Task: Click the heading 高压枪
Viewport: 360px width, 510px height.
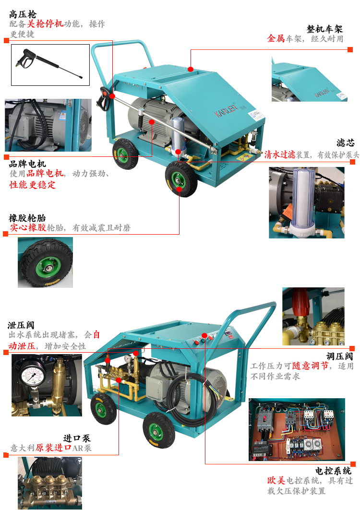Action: [x=23, y=14]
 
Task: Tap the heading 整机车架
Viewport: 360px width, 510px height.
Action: [x=324, y=29]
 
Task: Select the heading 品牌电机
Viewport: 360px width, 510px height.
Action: [x=27, y=164]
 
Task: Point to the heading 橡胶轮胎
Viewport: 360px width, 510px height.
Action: [x=27, y=218]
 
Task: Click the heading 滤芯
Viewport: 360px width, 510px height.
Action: [x=345, y=143]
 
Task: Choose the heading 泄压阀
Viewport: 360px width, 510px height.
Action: [x=21, y=325]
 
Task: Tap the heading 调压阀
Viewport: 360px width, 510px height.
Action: [x=340, y=356]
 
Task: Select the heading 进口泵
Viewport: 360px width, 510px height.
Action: [x=77, y=438]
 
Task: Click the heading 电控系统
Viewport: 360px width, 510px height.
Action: [x=333, y=471]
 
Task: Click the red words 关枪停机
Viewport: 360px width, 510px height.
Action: [x=45, y=24]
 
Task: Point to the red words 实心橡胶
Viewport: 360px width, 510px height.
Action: [x=28, y=227]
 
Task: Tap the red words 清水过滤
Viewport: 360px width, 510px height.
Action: [x=280, y=154]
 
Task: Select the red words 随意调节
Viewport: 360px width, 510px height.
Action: [x=310, y=366]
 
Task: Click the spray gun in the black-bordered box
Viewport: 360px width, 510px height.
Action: [x=49, y=63]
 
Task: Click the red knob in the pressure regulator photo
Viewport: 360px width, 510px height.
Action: [x=300, y=302]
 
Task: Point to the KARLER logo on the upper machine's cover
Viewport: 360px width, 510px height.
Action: [x=226, y=108]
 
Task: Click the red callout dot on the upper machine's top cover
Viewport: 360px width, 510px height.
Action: [x=191, y=69]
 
